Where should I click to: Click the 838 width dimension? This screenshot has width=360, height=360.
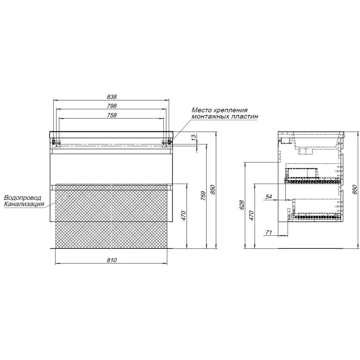[112, 97]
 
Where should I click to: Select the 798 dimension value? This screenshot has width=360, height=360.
[112, 106]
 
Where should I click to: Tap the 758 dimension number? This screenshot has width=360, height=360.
[112, 115]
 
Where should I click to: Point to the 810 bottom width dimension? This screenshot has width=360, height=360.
[112, 260]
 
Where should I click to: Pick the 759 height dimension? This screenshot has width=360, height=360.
[203, 196]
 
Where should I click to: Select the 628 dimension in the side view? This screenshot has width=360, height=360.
[242, 205]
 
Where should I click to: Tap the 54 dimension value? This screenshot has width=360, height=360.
[269, 197]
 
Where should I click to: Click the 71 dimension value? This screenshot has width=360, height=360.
[269, 233]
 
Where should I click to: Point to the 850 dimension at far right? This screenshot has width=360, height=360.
[355, 189]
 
